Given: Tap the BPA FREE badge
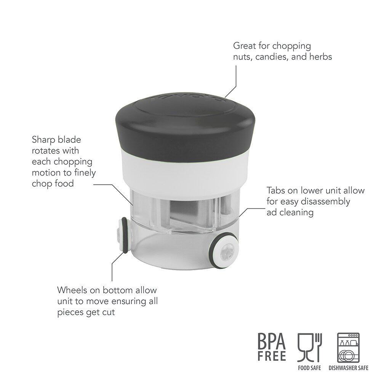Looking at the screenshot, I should tap(272, 347).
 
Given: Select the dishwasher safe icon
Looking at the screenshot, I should tap(348, 347).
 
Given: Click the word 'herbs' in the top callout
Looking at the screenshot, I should tap(320, 57).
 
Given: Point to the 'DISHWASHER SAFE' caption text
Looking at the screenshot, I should tap(348, 368).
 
